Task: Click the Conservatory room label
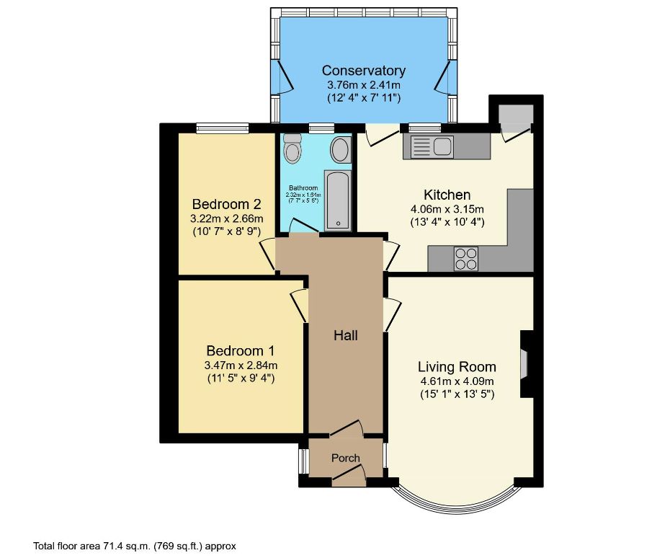click(x=363, y=71)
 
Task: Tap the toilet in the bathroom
click(x=292, y=150)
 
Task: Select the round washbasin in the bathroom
click(x=339, y=151)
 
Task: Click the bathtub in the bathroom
click(x=337, y=200)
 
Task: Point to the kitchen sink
click(x=430, y=147)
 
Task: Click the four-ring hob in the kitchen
click(x=466, y=258)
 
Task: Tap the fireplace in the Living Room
click(x=525, y=364)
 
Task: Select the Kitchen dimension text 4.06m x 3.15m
click(x=447, y=209)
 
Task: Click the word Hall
click(x=345, y=335)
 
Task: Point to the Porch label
click(x=345, y=459)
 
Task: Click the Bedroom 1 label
click(x=240, y=351)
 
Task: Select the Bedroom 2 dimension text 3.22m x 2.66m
click(x=226, y=218)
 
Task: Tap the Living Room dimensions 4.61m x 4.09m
click(x=457, y=381)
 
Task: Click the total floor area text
click(x=135, y=546)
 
